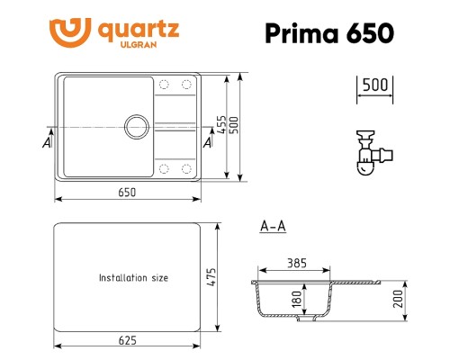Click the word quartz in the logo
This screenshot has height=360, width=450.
(147, 27)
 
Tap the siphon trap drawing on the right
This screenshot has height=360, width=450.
(366, 153)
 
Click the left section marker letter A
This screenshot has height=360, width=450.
(46, 142)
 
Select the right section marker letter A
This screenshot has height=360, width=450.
(208, 142)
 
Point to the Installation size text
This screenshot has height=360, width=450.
(133, 278)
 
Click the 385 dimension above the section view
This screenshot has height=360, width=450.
(297, 264)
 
